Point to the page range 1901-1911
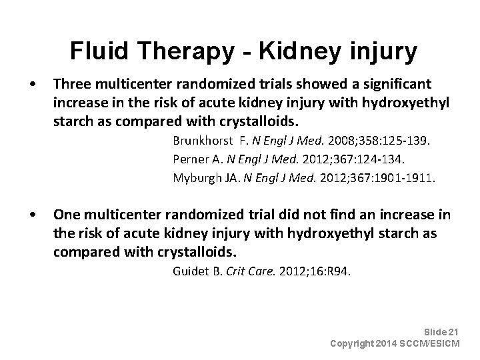[x=407, y=178]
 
